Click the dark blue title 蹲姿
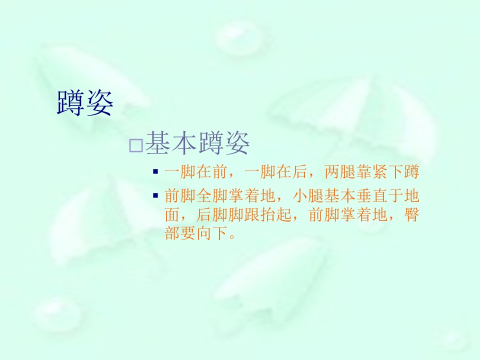coord(85,103)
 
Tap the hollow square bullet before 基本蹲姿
coord(136,145)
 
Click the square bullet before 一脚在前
coord(155,171)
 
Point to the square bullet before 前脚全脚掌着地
coord(155,195)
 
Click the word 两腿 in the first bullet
coord(340,171)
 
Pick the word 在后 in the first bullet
coord(291,171)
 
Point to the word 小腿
coord(308,196)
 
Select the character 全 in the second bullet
coord(204,196)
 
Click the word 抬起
coord(276,214)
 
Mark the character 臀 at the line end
coord(411,214)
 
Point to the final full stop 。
coord(232,236)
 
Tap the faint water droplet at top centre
coord(239,37)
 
